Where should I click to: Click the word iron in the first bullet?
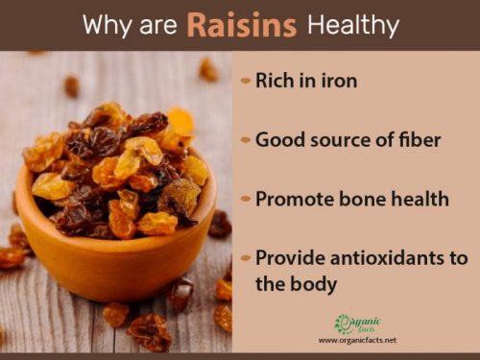[x=338, y=81]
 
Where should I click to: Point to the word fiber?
[x=419, y=140]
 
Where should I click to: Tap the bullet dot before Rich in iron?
[x=246, y=82]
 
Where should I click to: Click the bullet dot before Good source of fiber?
[x=246, y=141]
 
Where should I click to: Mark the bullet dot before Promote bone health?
[x=246, y=201]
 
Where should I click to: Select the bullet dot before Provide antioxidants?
[x=246, y=260]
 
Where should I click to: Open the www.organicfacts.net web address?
[x=357, y=340]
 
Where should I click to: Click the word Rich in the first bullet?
[x=274, y=81]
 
